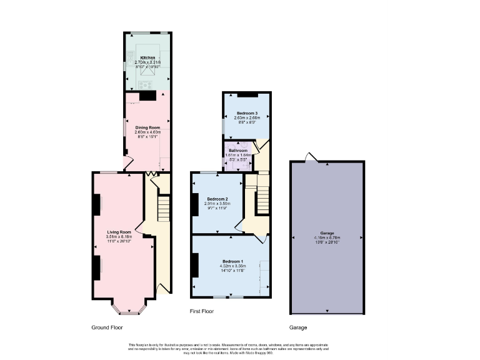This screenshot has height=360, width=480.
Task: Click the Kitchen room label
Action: [x=147, y=57]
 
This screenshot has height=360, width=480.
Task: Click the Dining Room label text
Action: [x=148, y=127]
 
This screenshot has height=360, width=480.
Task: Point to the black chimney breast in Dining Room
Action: [x=148, y=96]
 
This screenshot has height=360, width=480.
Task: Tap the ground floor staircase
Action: [x=164, y=209]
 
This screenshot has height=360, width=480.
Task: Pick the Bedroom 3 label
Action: [x=246, y=113]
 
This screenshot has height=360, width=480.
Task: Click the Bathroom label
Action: [x=238, y=151]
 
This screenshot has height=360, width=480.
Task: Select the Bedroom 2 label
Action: [x=216, y=199]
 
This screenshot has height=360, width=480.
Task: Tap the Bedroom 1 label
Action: [x=232, y=261]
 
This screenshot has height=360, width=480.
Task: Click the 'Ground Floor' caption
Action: [x=107, y=327]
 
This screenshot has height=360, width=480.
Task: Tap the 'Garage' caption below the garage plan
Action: [x=297, y=327]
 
